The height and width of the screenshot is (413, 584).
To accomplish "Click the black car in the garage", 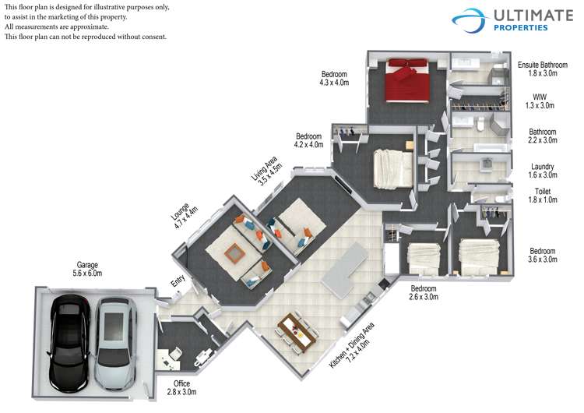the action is pos(70,344).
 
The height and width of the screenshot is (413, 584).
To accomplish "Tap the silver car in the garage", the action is pos(114,344).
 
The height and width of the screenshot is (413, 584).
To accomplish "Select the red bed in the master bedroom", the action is pos(407,80).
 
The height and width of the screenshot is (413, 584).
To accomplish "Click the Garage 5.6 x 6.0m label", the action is pos(87,269).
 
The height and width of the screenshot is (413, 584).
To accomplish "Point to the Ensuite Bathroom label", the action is pos(543,65).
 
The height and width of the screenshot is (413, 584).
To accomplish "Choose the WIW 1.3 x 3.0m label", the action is pos(540,101).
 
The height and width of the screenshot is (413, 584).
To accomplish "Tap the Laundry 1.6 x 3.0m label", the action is pos(542,171).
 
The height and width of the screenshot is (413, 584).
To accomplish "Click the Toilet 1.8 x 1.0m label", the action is pos(542,196).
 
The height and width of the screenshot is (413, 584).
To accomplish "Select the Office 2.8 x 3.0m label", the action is pos(181,387).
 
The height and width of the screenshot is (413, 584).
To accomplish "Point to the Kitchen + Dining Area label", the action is pos(352,345).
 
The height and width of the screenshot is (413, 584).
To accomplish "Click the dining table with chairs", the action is pos(297,332).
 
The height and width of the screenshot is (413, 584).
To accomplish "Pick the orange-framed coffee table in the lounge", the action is pos(234,253).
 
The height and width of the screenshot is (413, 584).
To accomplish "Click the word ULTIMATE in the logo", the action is pos(533,16).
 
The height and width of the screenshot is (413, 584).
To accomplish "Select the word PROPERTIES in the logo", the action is pos(521,27).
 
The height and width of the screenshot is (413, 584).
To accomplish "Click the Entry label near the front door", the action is pos(178,281).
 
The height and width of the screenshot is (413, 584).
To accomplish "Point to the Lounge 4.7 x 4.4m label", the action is pos(184,215).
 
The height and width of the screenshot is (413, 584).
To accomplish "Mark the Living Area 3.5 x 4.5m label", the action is pos(266,171).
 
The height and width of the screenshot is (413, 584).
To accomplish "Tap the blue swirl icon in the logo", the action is pos(470,20).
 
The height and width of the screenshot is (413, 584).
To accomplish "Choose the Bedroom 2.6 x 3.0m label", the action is pos(424,292).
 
